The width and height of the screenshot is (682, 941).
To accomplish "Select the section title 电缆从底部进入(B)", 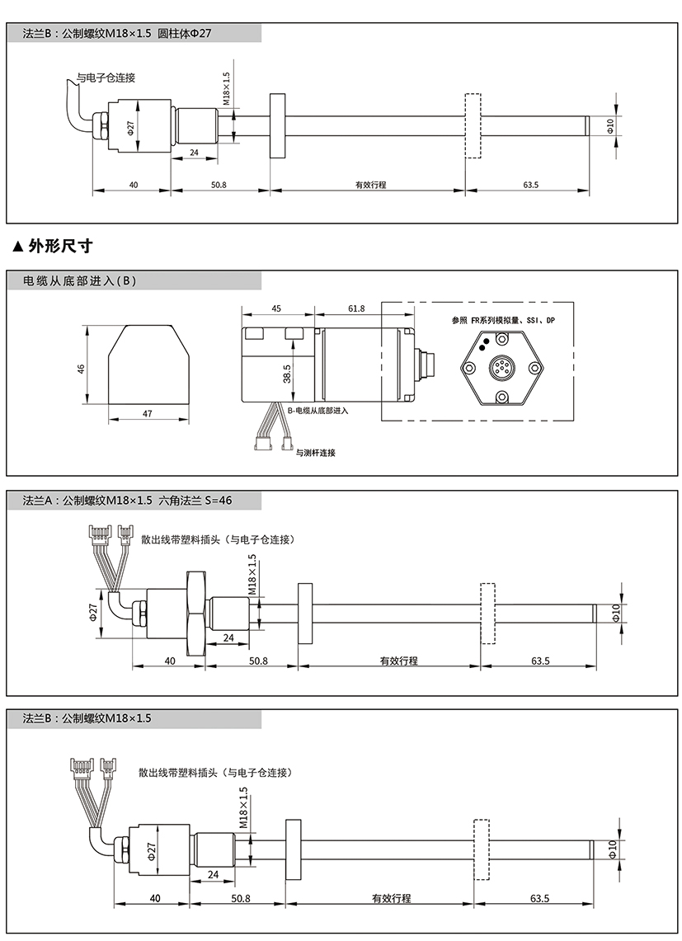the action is pos(79,281).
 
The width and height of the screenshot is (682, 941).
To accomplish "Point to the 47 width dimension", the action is pos(148,413).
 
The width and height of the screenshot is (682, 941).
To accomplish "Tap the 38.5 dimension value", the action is pos(287,374).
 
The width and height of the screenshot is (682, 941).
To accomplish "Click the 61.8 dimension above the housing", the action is pos(356,308).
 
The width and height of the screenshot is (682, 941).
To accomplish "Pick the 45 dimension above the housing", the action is pos(276,308).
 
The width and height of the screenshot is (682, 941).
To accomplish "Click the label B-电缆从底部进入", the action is pos(317,411).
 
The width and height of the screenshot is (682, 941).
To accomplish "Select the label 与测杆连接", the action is pos(315,453).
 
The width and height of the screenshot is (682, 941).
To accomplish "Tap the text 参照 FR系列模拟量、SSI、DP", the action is pos(503,321).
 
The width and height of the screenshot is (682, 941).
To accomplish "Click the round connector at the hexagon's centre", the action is pos(501,366).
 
